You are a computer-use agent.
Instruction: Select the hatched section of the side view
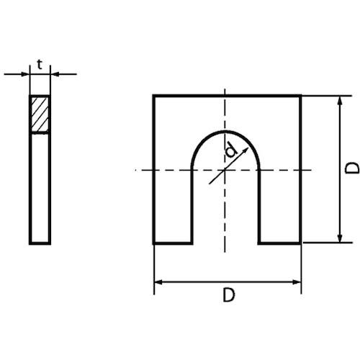pos(40,114)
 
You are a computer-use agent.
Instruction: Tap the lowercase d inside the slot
pos(230,150)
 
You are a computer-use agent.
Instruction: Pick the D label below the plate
pos(228,295)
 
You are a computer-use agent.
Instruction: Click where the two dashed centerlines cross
pos(225,170)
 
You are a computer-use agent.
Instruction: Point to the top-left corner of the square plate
pos(154,95)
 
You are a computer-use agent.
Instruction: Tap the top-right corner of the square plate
pos(300,95)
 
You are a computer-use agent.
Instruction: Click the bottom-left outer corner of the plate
pos(154,243)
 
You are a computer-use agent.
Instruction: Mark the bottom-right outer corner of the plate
pos(300,243)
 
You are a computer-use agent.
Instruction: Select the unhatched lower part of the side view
pos(40,187)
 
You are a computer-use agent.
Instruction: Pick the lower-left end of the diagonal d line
pos(210,184)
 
